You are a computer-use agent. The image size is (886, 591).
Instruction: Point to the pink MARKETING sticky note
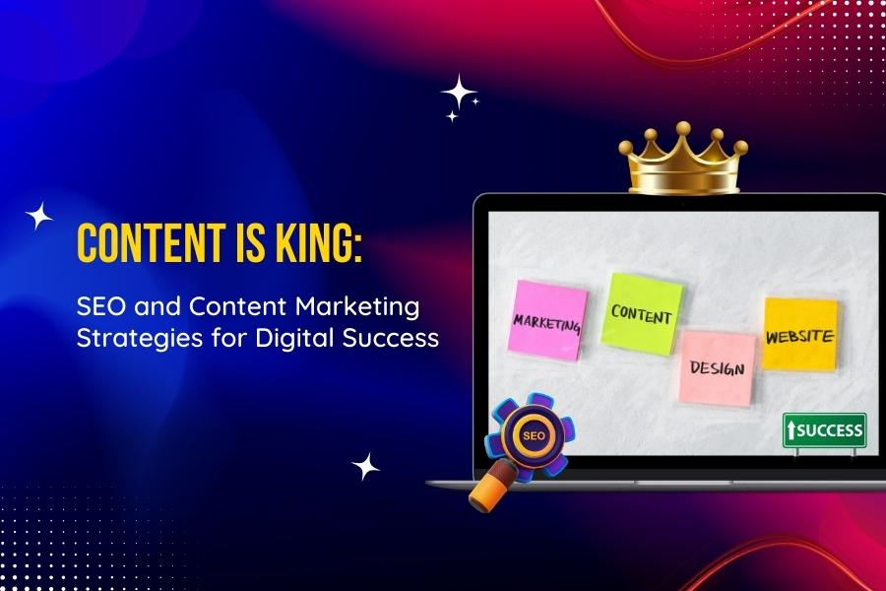547,320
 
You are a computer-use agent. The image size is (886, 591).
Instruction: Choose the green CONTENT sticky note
641,313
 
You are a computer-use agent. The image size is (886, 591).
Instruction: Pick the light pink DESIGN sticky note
718,368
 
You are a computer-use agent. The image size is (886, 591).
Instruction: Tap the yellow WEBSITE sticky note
800,334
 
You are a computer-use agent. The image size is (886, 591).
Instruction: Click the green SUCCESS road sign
824,431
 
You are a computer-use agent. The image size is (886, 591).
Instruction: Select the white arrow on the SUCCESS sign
791,431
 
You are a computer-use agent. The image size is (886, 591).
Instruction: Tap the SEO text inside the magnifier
534,435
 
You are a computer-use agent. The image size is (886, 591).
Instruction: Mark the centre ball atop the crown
684,128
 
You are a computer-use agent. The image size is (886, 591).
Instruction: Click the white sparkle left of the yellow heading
39,216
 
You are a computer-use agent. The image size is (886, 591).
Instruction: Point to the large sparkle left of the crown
458,92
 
